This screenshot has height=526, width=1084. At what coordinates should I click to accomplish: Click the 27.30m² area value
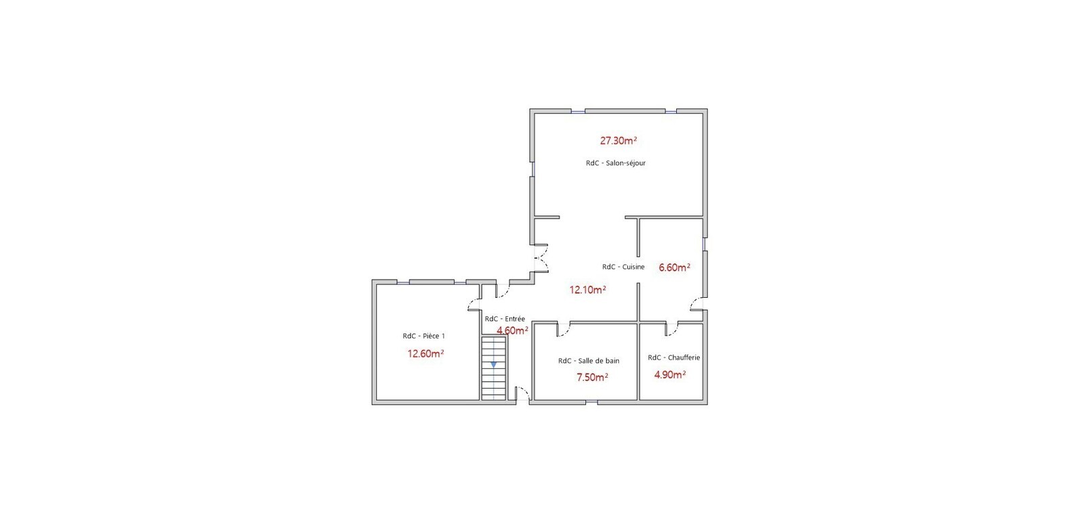pyautogui.click(x=619, y=141)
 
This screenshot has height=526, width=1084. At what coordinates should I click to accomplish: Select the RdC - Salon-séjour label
pyautogui.click(x=616, y=163)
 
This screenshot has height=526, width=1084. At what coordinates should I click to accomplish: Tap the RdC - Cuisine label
pyautogui.click(x=623, y=267)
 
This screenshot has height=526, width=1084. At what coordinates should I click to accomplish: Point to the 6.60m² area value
pyautogui.click(x=675, y=267)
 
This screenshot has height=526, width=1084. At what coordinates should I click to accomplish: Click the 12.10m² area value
pyautogui.click(x=588, y=290)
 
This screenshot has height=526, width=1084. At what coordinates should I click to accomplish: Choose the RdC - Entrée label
pyautogui.click(x=505, y=319)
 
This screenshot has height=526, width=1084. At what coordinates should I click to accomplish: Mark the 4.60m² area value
pyautogui.click(x=512, y=330)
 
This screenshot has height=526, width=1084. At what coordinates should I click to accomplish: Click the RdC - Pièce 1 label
pyautogui.click(x=423, y=336)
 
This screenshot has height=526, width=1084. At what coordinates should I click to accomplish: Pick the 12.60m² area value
pyautogui.click(x=426, y=353)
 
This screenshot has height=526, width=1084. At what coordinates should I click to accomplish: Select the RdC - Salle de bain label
pyautogui.click(x=589, y=361)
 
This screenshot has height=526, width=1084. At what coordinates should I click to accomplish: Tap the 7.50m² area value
pyautogui.click(x=592, y=378)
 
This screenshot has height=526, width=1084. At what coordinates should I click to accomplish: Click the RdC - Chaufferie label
pyautogui.click(x=673, y=357)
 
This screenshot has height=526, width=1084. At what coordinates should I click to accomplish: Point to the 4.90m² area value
pyautogui.click(x=670, y=374)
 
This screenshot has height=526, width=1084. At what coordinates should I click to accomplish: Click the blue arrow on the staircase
pyautogui.click(x=494, y=364)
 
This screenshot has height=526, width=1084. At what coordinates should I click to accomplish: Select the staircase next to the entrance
pyautogui.click(x=494, y=368)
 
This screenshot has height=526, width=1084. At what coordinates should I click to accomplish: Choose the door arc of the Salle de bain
pyautogui.click(x=564, y=330)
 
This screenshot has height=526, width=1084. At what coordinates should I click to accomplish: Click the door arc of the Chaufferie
pyautogui.click(x=671, y=329)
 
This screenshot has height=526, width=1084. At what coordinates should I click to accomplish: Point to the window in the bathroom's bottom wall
pyautogui.click(x=591, y=402)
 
